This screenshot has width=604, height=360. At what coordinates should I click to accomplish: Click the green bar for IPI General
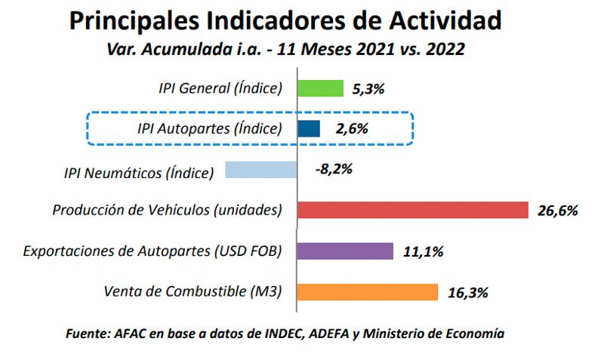[x=321, y=88]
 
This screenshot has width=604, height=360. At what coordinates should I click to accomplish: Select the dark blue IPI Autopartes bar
[x=309, y=128]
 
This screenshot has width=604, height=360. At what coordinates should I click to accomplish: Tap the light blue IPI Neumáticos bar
[x=261, y=170]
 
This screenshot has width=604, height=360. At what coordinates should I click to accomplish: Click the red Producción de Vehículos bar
[x=412, y=210]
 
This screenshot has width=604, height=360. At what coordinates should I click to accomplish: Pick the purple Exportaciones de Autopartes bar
[x=345, y=251]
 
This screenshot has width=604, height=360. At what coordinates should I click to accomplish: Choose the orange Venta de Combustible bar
[x=368, y=291]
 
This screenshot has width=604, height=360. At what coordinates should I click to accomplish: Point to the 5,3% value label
[x=368, y=89]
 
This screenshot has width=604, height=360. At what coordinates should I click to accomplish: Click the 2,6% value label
[x=352, y=129]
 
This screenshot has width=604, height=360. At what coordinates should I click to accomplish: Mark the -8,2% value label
[x=334, y=169]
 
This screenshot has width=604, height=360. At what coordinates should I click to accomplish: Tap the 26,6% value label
[x=557, y=211]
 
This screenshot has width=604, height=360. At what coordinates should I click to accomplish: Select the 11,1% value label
[x=423, y=251]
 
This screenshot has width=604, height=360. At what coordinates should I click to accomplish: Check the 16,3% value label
[x=468, y=292]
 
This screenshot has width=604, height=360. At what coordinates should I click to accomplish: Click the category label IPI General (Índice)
[x=220, y=88]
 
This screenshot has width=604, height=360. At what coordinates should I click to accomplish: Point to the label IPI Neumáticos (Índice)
[x=138, y=173]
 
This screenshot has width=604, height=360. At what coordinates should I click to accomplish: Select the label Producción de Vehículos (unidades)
[x=167, y=211]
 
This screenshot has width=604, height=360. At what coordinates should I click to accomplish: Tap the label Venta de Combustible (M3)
[x=192, y=292]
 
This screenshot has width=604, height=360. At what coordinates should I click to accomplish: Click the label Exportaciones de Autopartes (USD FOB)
[x=153, y=251]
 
